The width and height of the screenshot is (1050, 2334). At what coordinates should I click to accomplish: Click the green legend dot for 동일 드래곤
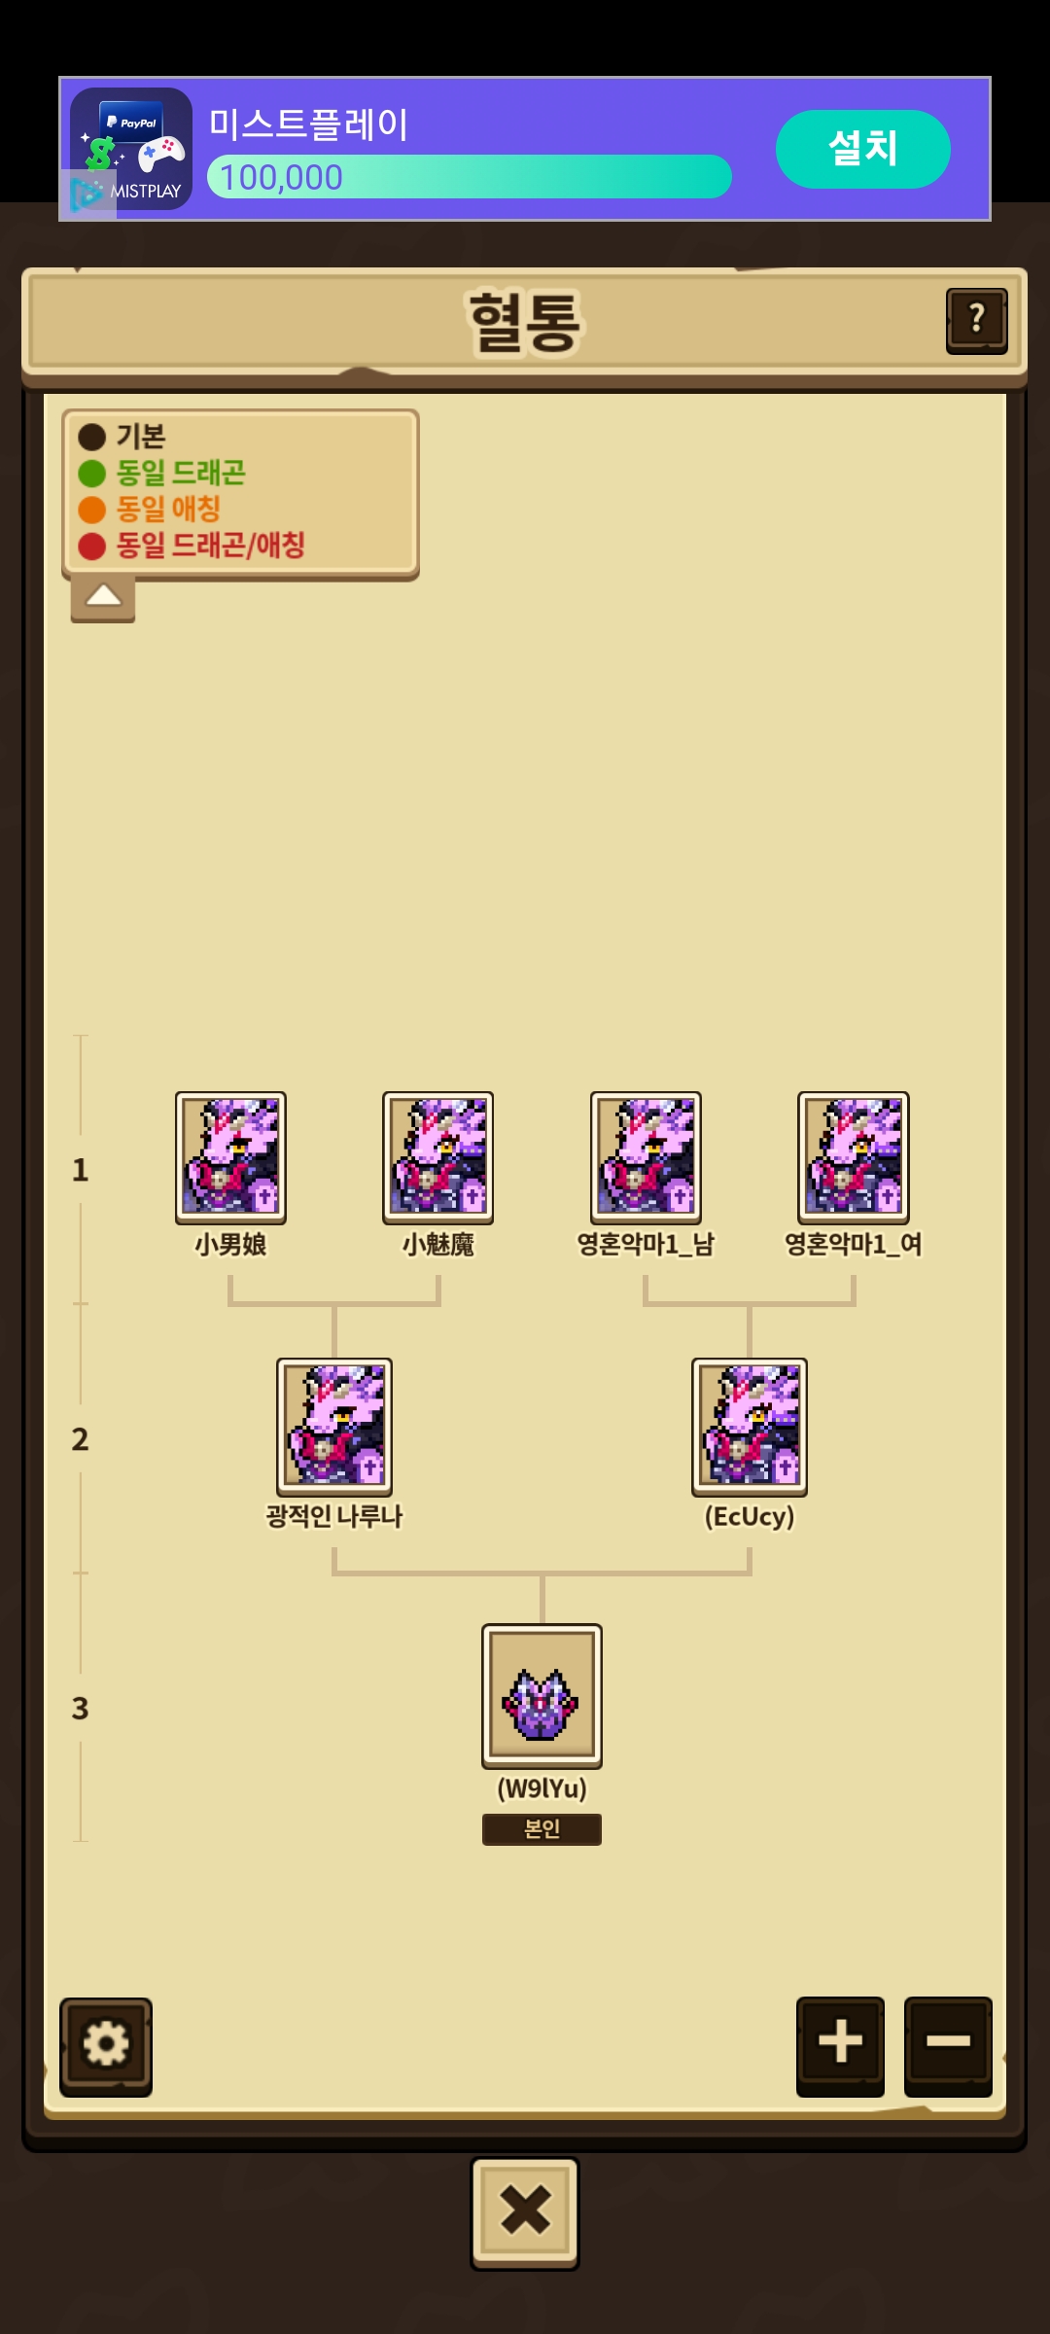91,474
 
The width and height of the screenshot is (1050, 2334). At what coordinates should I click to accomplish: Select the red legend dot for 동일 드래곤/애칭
91,547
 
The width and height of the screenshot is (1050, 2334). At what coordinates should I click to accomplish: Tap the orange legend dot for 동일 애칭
91,510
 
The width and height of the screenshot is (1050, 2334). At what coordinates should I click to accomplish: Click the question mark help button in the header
977,320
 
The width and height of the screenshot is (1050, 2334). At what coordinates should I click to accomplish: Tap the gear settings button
106,2044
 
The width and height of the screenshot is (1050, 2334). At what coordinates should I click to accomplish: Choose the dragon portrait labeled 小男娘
230,1157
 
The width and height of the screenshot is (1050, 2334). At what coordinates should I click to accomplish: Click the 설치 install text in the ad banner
862,148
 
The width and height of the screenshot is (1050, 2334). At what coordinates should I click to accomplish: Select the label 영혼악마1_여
854,1245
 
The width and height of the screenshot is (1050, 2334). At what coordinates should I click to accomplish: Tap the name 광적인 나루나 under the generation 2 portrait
334,1516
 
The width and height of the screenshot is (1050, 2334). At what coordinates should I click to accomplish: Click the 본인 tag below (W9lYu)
542,1829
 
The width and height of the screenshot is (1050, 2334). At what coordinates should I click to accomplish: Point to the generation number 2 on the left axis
80,1439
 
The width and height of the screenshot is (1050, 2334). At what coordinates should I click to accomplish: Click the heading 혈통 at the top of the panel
525,322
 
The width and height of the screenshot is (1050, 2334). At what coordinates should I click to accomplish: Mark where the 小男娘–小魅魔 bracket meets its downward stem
334,1304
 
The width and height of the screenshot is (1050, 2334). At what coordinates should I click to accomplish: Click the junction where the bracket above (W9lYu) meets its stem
542,1574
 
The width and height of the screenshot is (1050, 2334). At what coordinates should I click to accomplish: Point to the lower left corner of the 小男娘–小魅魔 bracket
230,1304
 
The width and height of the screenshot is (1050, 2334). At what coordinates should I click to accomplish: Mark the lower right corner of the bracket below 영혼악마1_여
854,1304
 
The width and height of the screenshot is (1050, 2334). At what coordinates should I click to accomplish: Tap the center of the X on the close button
525,2210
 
